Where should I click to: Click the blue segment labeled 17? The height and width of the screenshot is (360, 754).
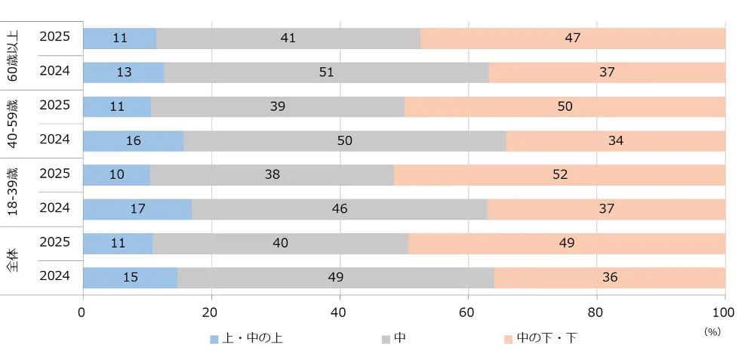pos(137,209)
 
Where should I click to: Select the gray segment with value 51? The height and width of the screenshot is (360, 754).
pos(326,72)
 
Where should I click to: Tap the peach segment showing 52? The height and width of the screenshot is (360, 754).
pos(559,175)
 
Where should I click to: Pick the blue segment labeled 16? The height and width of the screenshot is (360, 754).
pos(133,141)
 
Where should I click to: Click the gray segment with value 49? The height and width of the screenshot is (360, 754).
pos(336,278)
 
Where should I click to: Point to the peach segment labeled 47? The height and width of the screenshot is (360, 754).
pos(573,38)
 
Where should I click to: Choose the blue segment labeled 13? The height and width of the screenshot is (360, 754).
pos(123,72)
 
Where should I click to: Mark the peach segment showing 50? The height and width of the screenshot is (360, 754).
pos(565,106)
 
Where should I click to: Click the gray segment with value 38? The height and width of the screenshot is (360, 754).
pos(272,175)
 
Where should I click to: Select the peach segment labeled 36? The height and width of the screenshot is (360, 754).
pos(609,278)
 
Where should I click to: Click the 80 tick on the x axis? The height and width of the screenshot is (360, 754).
pos(596,312)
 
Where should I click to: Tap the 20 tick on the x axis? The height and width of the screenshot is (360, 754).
pos(211,312)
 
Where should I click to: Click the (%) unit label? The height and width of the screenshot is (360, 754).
pos(712,331)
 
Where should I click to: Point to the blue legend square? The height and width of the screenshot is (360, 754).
pos(214,339)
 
